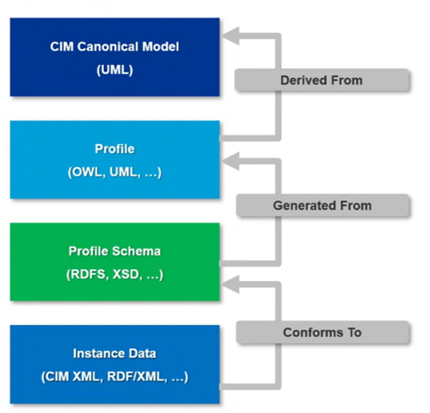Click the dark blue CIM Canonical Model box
115,58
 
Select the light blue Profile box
115,160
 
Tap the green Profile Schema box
115,262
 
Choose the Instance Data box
115,364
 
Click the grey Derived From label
322,80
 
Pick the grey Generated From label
322,205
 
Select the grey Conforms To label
322,332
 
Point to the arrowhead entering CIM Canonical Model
231,35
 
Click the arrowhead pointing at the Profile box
231,161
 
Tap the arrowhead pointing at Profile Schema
231,284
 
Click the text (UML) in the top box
115,70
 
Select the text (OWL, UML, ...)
115,172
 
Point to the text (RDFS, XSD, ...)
115,275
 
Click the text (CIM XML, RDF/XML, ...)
115,377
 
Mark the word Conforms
313,332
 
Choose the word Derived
304,80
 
